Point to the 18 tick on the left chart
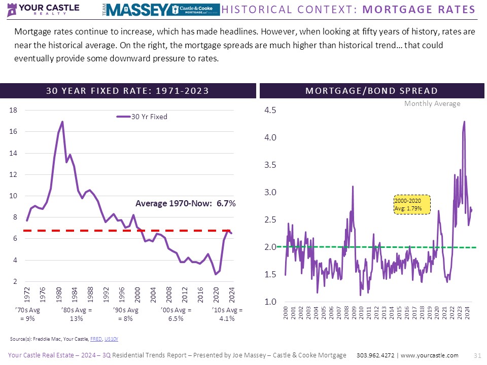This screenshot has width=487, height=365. [x=14, y=110]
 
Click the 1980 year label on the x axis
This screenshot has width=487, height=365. [x=59, y=294]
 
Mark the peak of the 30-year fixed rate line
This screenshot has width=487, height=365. [x=62, y=122]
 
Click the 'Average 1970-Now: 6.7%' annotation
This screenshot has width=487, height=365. [x=186, y=203]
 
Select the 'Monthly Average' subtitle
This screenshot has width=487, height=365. [x=432, y=103]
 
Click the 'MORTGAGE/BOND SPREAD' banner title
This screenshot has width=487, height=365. [x=371, y=91]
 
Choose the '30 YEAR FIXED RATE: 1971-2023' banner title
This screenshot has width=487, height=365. [x=127, y=91]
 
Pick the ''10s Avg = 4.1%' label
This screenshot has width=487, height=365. [x=227, y=314]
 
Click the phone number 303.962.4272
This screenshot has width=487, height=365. [x=376, y=355]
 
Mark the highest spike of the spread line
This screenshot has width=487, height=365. [x=464, y=122]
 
